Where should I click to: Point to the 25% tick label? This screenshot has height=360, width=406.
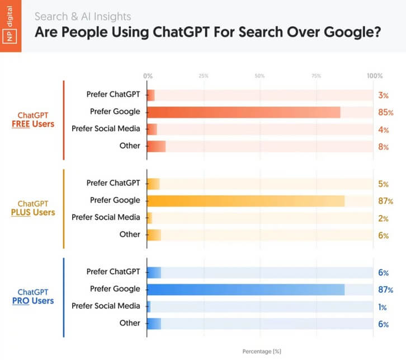click(x=204, y=76)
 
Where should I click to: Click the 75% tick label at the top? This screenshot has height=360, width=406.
click(x=316, y=76)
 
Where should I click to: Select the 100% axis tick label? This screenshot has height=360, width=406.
click(x=374, y=76)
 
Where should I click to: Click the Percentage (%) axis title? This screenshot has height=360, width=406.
click(x=261, y=352)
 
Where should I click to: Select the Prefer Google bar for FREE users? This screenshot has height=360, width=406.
click(x=244, y=112)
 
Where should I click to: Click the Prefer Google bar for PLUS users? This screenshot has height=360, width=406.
click(x=246, y=200)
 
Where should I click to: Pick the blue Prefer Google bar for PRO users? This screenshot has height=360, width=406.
click(x=246, y=289)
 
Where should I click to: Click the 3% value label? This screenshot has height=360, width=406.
click(x=384, y=95)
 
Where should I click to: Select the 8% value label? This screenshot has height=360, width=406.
click(x=384, y=147)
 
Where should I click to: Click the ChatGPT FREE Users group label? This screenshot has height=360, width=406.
click(x=36, y=119)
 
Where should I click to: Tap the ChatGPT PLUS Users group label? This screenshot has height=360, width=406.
click(x=36, y=208)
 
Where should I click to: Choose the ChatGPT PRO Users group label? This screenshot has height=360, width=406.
click(x=36, y=296)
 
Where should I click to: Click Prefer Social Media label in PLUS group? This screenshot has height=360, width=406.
click(x=105, y=217)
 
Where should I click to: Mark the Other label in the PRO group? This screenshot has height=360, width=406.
click(x=130, y=323)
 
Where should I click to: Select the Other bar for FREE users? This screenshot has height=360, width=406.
click(x=156, y=147)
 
